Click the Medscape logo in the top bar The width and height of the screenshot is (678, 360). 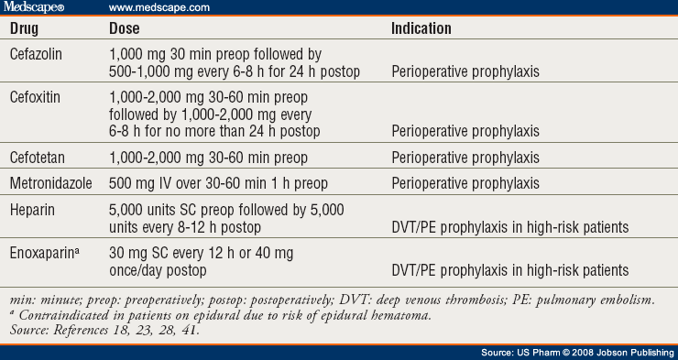pos(42,8)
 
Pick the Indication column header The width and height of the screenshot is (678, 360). pos(421,28)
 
